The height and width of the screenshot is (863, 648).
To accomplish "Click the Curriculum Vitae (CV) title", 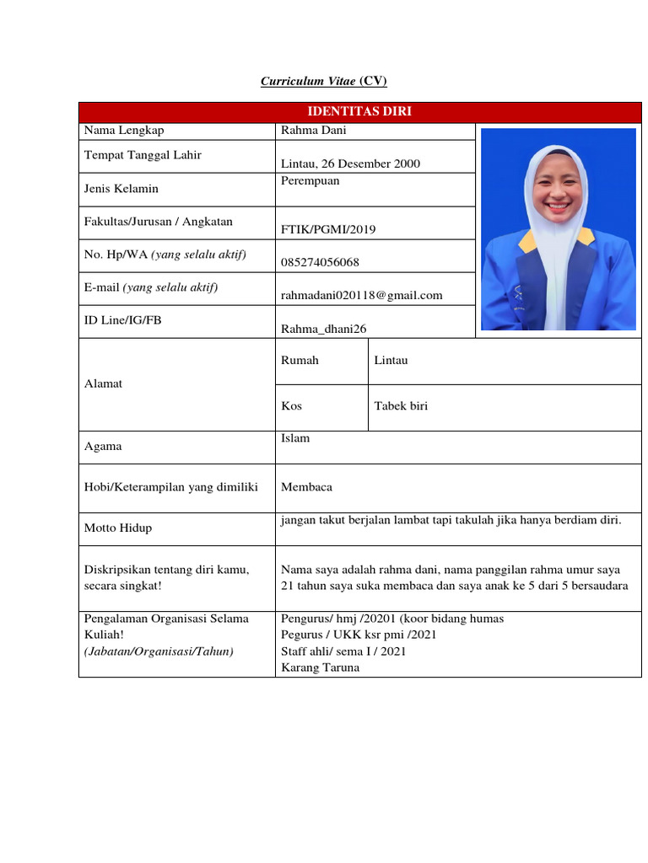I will (324, 81).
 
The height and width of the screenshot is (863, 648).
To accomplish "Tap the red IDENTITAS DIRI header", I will (359, 112).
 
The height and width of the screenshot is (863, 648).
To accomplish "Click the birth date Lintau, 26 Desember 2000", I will (350, 163).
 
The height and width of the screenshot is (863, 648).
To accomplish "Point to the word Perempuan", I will (310, 181).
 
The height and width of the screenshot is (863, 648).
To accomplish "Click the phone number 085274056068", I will (320, 262).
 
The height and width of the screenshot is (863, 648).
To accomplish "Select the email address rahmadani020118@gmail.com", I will (361, 295).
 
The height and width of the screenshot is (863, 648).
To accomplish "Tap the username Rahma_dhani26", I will (324, 329).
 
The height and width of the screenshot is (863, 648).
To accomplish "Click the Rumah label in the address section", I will (300, 360).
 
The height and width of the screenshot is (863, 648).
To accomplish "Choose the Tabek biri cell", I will (401, 405).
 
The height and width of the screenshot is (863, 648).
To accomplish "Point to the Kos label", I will (291, 405).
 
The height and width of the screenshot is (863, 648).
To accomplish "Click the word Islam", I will (295, 438).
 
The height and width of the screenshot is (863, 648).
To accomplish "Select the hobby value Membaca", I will (306, 487).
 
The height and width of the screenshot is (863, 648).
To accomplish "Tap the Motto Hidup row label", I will (118, 528).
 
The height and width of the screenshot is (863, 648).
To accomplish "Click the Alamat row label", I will (103, 383).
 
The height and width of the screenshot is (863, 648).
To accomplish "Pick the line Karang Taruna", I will (320, 667).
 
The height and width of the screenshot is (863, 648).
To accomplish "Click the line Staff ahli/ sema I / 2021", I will (344, 651).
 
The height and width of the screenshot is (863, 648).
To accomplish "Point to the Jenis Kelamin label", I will (121, 188).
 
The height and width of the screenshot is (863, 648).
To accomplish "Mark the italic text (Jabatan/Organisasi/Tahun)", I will (158, 651).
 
